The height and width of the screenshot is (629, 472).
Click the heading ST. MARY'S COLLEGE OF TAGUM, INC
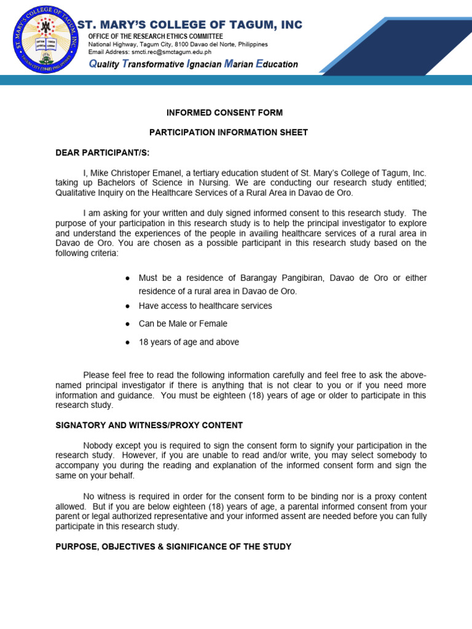click(x=189, y=25)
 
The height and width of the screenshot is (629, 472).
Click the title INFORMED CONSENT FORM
click(x=225, y=113)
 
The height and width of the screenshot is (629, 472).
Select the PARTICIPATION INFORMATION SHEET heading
click(x=229, y=133)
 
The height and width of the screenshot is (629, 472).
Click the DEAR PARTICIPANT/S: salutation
click(x=94, y=152)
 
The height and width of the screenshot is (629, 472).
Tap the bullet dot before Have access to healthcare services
click(x=127, y=306)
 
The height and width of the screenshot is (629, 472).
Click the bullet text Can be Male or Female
click(x=183, y=324)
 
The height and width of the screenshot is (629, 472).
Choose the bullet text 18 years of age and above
click(x=189, y=342)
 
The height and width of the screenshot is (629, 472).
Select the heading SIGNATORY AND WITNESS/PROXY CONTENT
click(x=149, y=425)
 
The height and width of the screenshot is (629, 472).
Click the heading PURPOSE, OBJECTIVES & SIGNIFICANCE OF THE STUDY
click(x=173, y=547)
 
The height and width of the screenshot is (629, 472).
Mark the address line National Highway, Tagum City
click(x=178, y=45)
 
